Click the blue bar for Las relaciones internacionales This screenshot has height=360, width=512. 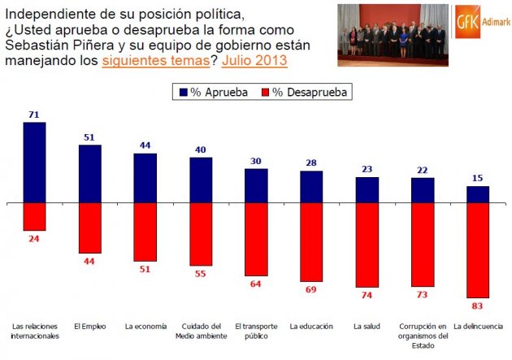click(34, 162)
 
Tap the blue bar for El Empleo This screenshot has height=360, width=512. click(89, 173)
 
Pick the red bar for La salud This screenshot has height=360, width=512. click(367, 245)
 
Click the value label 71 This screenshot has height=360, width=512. click(34, 115)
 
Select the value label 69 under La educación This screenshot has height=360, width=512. click(311, 289)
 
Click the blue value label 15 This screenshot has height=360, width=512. click(478, 179)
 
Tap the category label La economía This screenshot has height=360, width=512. click(145, 327)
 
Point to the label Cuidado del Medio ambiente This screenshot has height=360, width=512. click(200, 331)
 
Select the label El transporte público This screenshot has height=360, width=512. click(256, 331)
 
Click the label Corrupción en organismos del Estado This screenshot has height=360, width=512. click(422, 335)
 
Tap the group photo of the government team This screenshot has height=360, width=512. click(393, 34)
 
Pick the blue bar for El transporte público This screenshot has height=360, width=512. click(256, 185)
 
